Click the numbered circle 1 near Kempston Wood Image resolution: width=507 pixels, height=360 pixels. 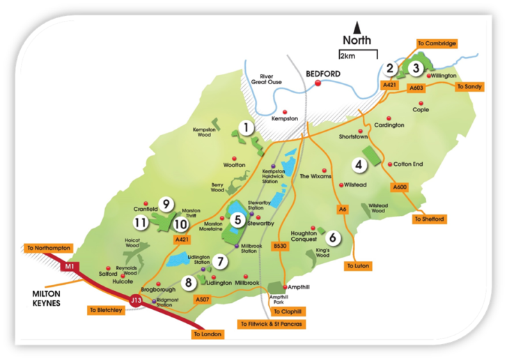[x=245, y=127]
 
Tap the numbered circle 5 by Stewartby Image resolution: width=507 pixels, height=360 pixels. [x=237, y=220]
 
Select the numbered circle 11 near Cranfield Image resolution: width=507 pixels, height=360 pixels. [x=140, y=223]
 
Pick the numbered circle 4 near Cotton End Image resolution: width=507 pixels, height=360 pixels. [x=359, y=165]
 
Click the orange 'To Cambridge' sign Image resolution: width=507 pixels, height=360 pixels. [x=437, y=43]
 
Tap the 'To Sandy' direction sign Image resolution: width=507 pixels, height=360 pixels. [x=469, y=87]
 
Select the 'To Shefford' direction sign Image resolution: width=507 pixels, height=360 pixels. [x=428, y=219]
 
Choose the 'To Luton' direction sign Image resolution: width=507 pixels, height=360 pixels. [x=359, y=266]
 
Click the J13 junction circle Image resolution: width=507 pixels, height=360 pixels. [x=136, y=300]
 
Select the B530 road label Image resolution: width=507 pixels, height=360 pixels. [x=280, y=246]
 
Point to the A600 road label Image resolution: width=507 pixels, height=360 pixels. [x=399, y=187]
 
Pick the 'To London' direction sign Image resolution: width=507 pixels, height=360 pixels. [x=207, y=334]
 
